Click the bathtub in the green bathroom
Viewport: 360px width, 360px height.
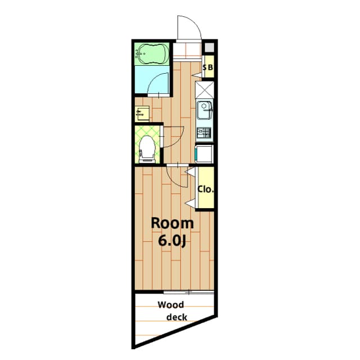tap(152, 54)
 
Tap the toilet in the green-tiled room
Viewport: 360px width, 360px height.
tap(147, 149)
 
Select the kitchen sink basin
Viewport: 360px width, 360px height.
tap(204, 110)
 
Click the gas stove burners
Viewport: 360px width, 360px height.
tap(204, 133)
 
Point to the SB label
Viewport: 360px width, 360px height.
tap(208, 67)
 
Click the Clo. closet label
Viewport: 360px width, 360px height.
tap(206, 190)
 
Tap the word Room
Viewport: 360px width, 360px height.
tap(173, 223)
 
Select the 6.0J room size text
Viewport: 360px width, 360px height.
tap(172, 241)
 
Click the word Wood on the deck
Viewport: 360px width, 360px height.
tap(171, 305)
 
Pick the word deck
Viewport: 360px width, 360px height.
tap(177, 317)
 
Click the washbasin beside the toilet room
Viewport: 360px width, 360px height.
tap(142, 114)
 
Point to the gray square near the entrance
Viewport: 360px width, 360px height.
tap(209, 47)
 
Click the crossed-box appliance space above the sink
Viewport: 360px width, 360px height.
tap(204, 90)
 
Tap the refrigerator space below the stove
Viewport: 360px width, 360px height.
tap(204, 154)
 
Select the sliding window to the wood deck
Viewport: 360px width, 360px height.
tap(189, 292)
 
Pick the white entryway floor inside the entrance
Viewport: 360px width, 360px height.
tap(186, 51)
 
